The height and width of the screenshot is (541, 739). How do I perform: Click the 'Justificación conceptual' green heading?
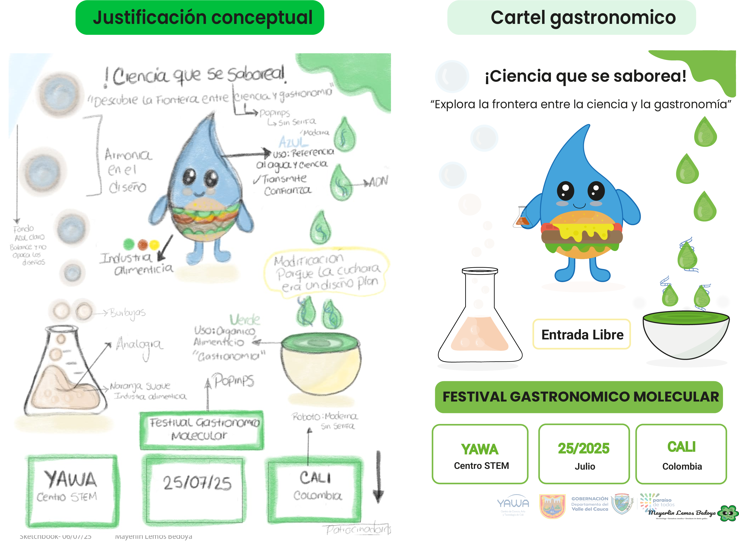(200, 18)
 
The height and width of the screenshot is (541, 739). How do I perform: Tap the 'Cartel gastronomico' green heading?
(571, 18)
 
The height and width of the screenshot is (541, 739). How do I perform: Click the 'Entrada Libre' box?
(581, 334)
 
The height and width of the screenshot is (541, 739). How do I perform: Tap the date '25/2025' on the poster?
(584, 448)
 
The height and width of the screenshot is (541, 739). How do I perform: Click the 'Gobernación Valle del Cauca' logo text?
(590, 504)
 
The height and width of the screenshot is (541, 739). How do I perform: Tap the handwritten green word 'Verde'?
(245, 319)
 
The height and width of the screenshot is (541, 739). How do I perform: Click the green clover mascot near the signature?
(728, 513)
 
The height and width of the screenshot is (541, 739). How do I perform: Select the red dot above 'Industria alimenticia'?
(143, 244)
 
